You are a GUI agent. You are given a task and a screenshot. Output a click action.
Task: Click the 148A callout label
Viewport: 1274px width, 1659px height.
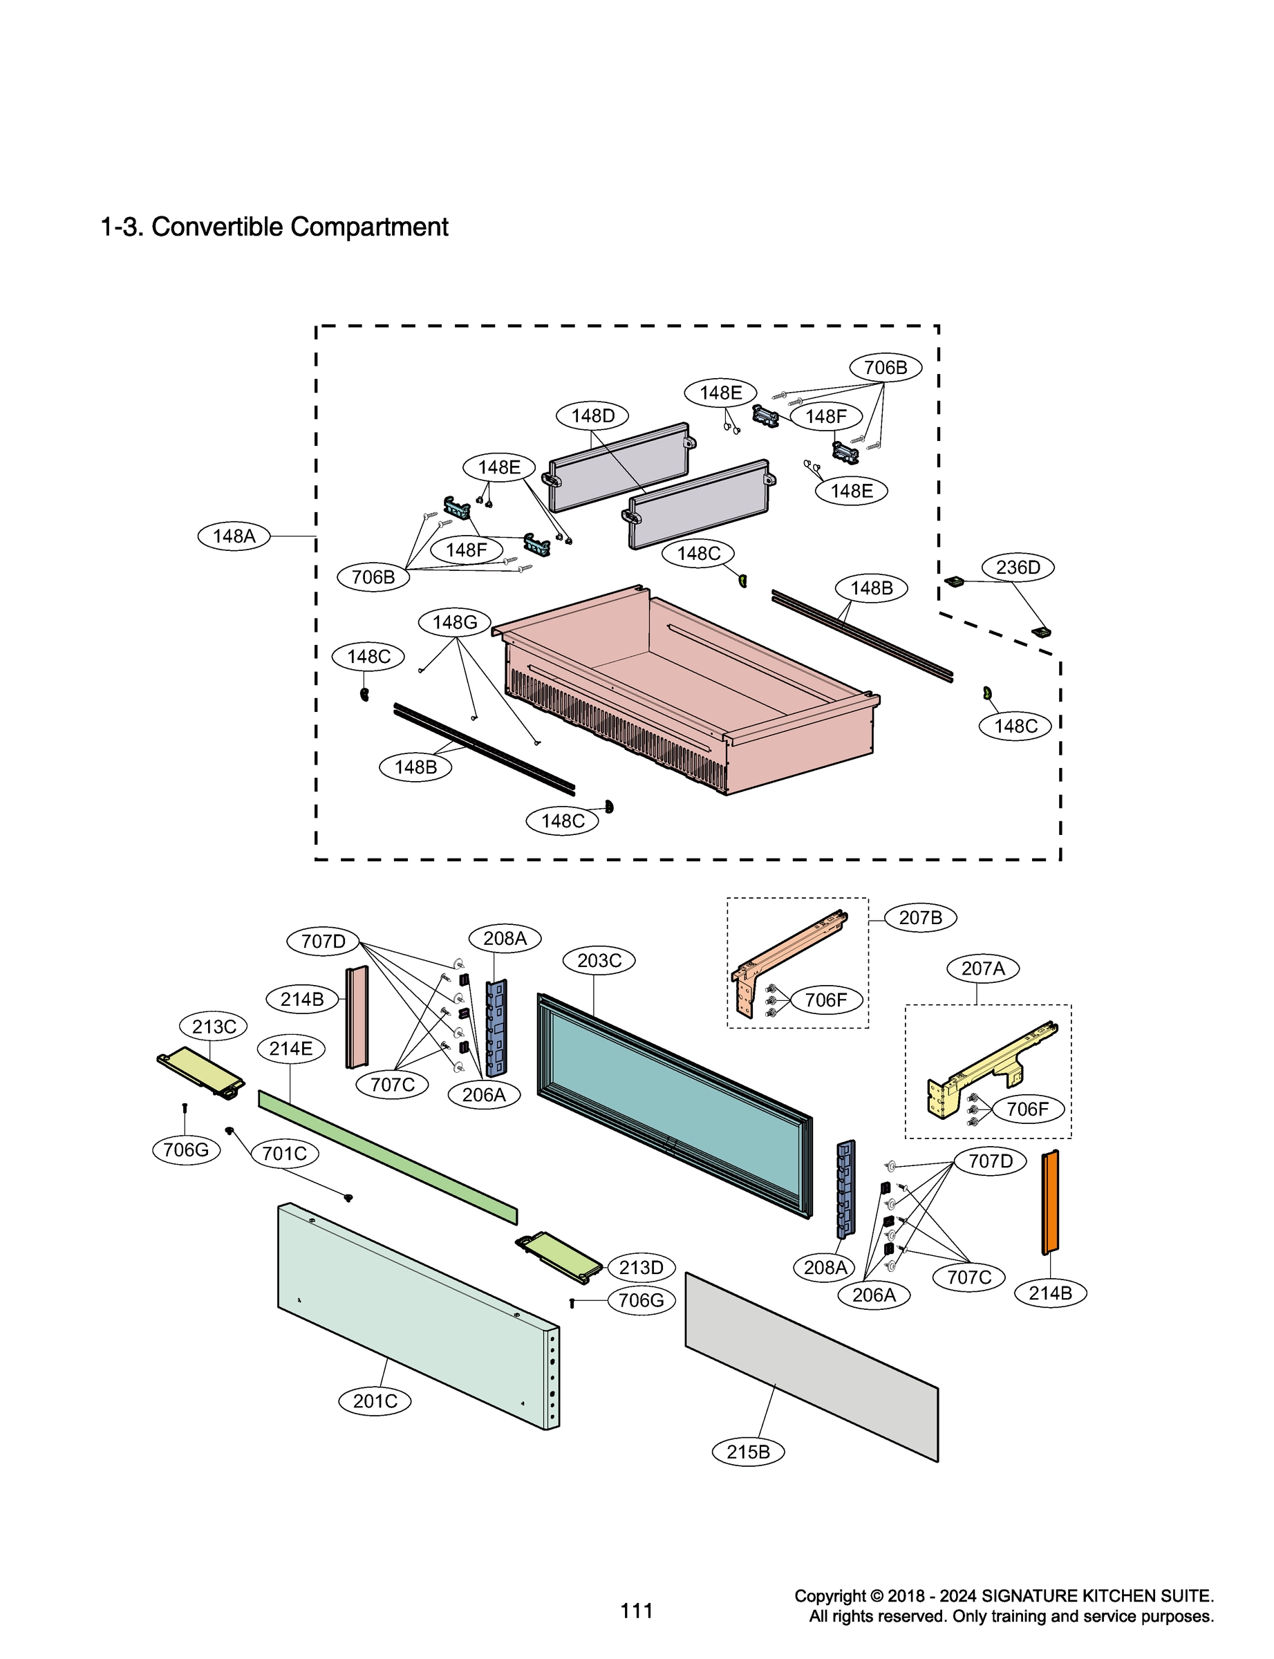(234, 536)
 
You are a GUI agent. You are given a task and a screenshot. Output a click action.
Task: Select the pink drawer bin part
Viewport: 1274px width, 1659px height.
(682, 705)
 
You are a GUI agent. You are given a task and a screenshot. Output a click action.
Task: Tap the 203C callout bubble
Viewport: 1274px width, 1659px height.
(599, 961)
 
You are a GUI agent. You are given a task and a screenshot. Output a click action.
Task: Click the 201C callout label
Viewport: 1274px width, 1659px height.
(375, 1400)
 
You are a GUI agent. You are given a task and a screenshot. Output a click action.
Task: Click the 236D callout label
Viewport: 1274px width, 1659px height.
(1018, 567)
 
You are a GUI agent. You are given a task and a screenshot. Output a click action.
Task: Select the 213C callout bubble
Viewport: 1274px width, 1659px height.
(214, 1027)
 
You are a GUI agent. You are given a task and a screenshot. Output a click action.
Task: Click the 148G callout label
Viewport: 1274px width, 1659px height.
(454, 623)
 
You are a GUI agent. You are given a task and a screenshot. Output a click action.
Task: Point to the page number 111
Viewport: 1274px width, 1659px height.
(636, 1611)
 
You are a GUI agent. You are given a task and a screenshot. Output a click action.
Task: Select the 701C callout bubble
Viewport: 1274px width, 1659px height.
(284, 1153)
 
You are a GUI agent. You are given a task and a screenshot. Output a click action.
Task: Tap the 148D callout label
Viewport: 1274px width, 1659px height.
(592, 415)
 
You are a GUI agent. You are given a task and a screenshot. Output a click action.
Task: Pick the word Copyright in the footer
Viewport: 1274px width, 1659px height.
(830, 1595)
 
